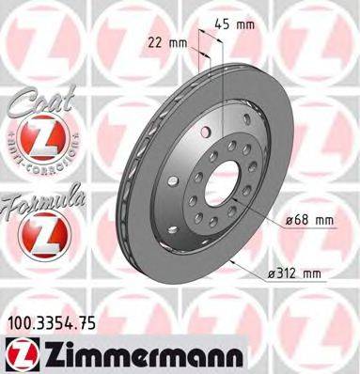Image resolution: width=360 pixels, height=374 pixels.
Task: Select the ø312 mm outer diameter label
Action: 295,273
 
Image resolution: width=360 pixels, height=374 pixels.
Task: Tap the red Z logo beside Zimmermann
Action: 18,355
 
